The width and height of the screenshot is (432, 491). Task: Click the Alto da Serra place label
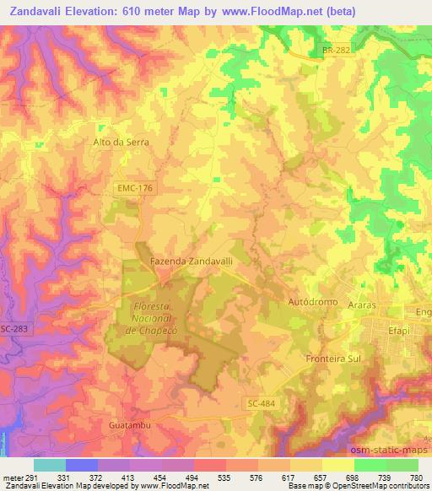click(121, 143)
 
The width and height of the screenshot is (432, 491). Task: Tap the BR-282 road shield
click(336, 51)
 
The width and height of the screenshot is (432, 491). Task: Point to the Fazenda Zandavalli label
click(191, 262)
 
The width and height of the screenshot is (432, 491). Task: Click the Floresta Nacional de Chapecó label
click(148, 316)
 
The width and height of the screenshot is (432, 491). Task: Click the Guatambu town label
click(130, 426)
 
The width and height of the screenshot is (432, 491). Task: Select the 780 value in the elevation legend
click(417, 478)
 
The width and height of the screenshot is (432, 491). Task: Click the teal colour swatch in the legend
click(50, 465)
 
